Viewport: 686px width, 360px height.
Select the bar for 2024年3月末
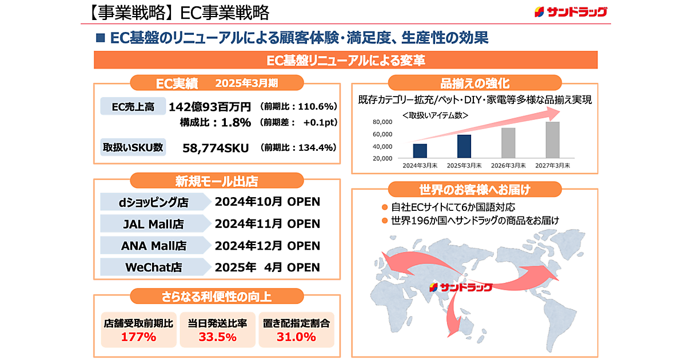click(x=420, y=151)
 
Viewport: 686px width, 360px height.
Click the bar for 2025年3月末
click(x=464, y=146)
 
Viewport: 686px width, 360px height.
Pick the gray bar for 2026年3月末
click(x=508, y=143)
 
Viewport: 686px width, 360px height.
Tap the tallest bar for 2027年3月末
click(x=552, y=140)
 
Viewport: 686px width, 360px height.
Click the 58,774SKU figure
click(x=216, y=148)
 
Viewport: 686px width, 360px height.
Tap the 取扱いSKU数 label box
click(x=132, y=147)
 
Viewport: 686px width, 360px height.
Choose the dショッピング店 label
click(x=153, y=202)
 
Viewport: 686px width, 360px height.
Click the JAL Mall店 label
click(x=153, y=224)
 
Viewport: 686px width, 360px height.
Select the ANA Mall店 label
click(x=153, y=246)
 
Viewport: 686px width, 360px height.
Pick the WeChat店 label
click(x=153, y=267)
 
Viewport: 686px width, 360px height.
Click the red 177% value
click(x=138, y=337)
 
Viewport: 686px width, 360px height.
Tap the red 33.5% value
click(x=217, y=337)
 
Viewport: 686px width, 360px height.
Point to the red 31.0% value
click(x=297, y=337)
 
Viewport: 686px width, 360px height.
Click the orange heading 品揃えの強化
click(x=474, y=83)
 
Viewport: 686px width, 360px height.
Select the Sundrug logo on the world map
click(x=461, y=286)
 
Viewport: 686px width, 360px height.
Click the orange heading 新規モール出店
click(x=216, y=182)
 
